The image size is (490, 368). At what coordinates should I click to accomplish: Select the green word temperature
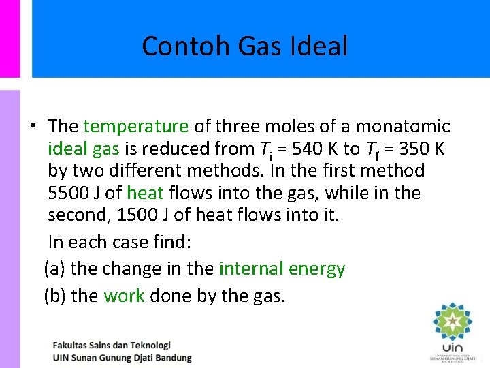point(135,126)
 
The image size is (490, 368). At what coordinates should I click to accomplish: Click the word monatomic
point(403,126)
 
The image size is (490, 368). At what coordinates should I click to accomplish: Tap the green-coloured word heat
point(145,193)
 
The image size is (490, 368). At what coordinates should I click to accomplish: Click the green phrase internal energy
point(282,269)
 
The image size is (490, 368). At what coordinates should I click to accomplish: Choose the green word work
point(124,296)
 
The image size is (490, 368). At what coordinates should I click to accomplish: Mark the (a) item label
point(54,269)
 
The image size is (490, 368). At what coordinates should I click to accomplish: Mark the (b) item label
point(54,296)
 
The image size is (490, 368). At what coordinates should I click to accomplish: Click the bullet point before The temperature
point(33,127)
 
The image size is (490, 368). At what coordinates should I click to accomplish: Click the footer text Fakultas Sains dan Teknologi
point(112,346)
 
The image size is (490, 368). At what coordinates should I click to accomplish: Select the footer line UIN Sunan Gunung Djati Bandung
point(122,358)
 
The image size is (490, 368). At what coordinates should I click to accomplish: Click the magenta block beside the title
point(10,38)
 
